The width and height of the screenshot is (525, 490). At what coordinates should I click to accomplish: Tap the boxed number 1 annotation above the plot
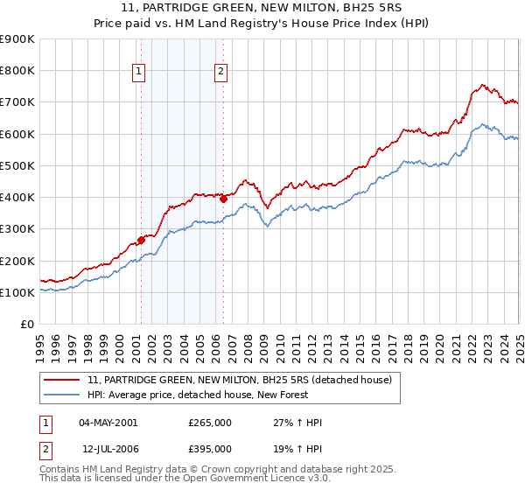tap(140, 73)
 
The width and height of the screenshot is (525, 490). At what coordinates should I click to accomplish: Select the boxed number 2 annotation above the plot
tap(220, 73)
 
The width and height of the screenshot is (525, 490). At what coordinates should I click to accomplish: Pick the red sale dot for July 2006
tap(223, 199)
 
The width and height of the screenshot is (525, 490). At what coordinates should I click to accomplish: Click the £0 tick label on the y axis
tap(27, 325)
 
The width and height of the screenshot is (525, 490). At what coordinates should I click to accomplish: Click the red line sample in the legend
tap(63, 379)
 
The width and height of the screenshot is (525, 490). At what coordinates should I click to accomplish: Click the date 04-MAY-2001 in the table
tap(108, 423)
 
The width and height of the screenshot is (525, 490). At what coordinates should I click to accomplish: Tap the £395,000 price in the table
tap(210, 448)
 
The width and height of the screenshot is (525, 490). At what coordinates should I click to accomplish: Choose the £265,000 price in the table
tap(210, 423)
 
